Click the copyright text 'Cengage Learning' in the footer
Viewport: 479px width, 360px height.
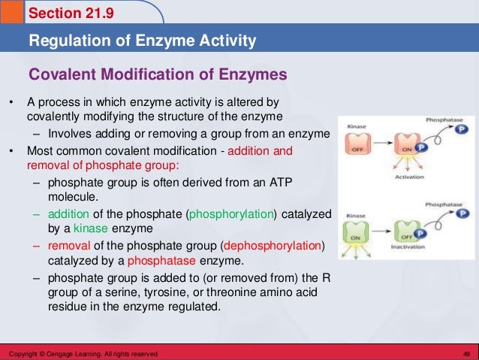(x=70, y=353)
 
